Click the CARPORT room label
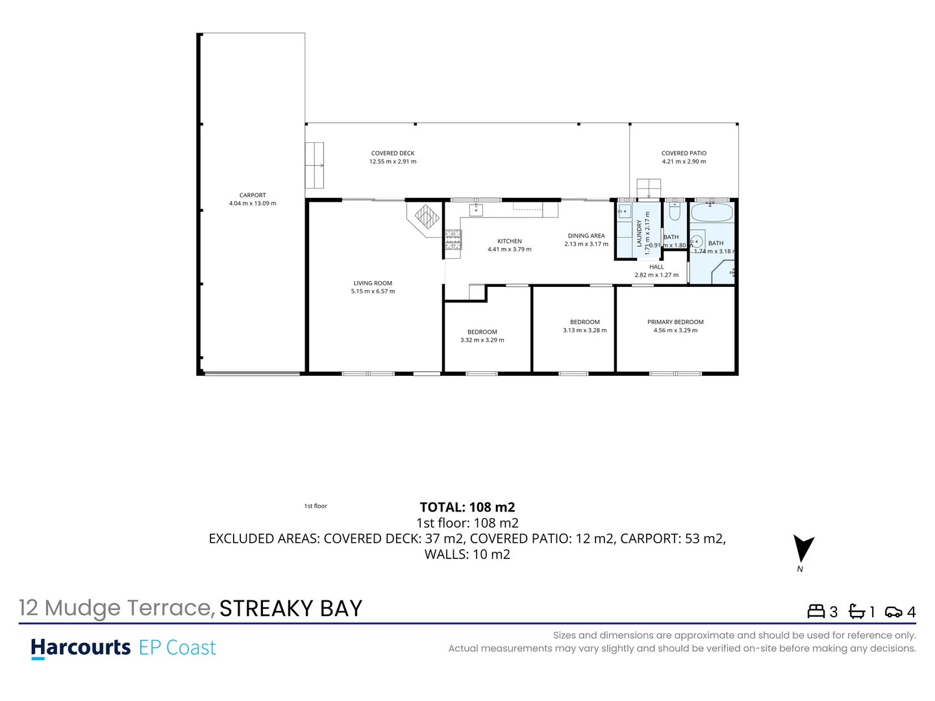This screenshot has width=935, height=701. pyautogui.click(x=253, y=195)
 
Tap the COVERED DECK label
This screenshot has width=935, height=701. pyautogui.click(x=393, y=153)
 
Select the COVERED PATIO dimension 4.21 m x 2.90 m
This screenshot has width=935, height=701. pyautogui.click(x=684, y=162)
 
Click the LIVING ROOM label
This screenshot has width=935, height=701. pyautogui.click(x=373, y=283)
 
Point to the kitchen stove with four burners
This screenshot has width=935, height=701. pyautogui.click(x=453, y=240)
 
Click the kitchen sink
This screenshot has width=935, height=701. pyautogui.click(x=476, y=208)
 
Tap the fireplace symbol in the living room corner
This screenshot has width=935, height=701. pyautogui.click(x=427, y=216)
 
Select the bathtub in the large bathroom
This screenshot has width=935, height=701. pyautogui.click(x=712, y=212)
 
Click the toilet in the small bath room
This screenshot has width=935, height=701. pyautogui.click(x=674, y=212)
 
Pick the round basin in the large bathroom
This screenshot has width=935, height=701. pyautogui.click(x=697, y=242)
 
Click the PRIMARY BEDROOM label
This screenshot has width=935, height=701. pyautogui.click(x=675, y=322)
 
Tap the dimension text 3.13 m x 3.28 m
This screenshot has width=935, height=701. pyautogui.click(x=584, y=330)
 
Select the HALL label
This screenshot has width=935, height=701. pyautogui.click(x=656, y=267)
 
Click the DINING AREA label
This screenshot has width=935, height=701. pyautogui.click(x=586, y=236)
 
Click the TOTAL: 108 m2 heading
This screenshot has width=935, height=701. pyautogui.click(x=467, y=507)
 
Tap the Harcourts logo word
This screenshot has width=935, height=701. pyautogui.click(x=81, y=648)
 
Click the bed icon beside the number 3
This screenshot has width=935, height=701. pyautogui.click(x=816, y=611)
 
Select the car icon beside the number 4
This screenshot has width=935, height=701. pyautogui.click(x=893, y=611)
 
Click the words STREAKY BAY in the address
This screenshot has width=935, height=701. pyautogui.click(x=291, y=608)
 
